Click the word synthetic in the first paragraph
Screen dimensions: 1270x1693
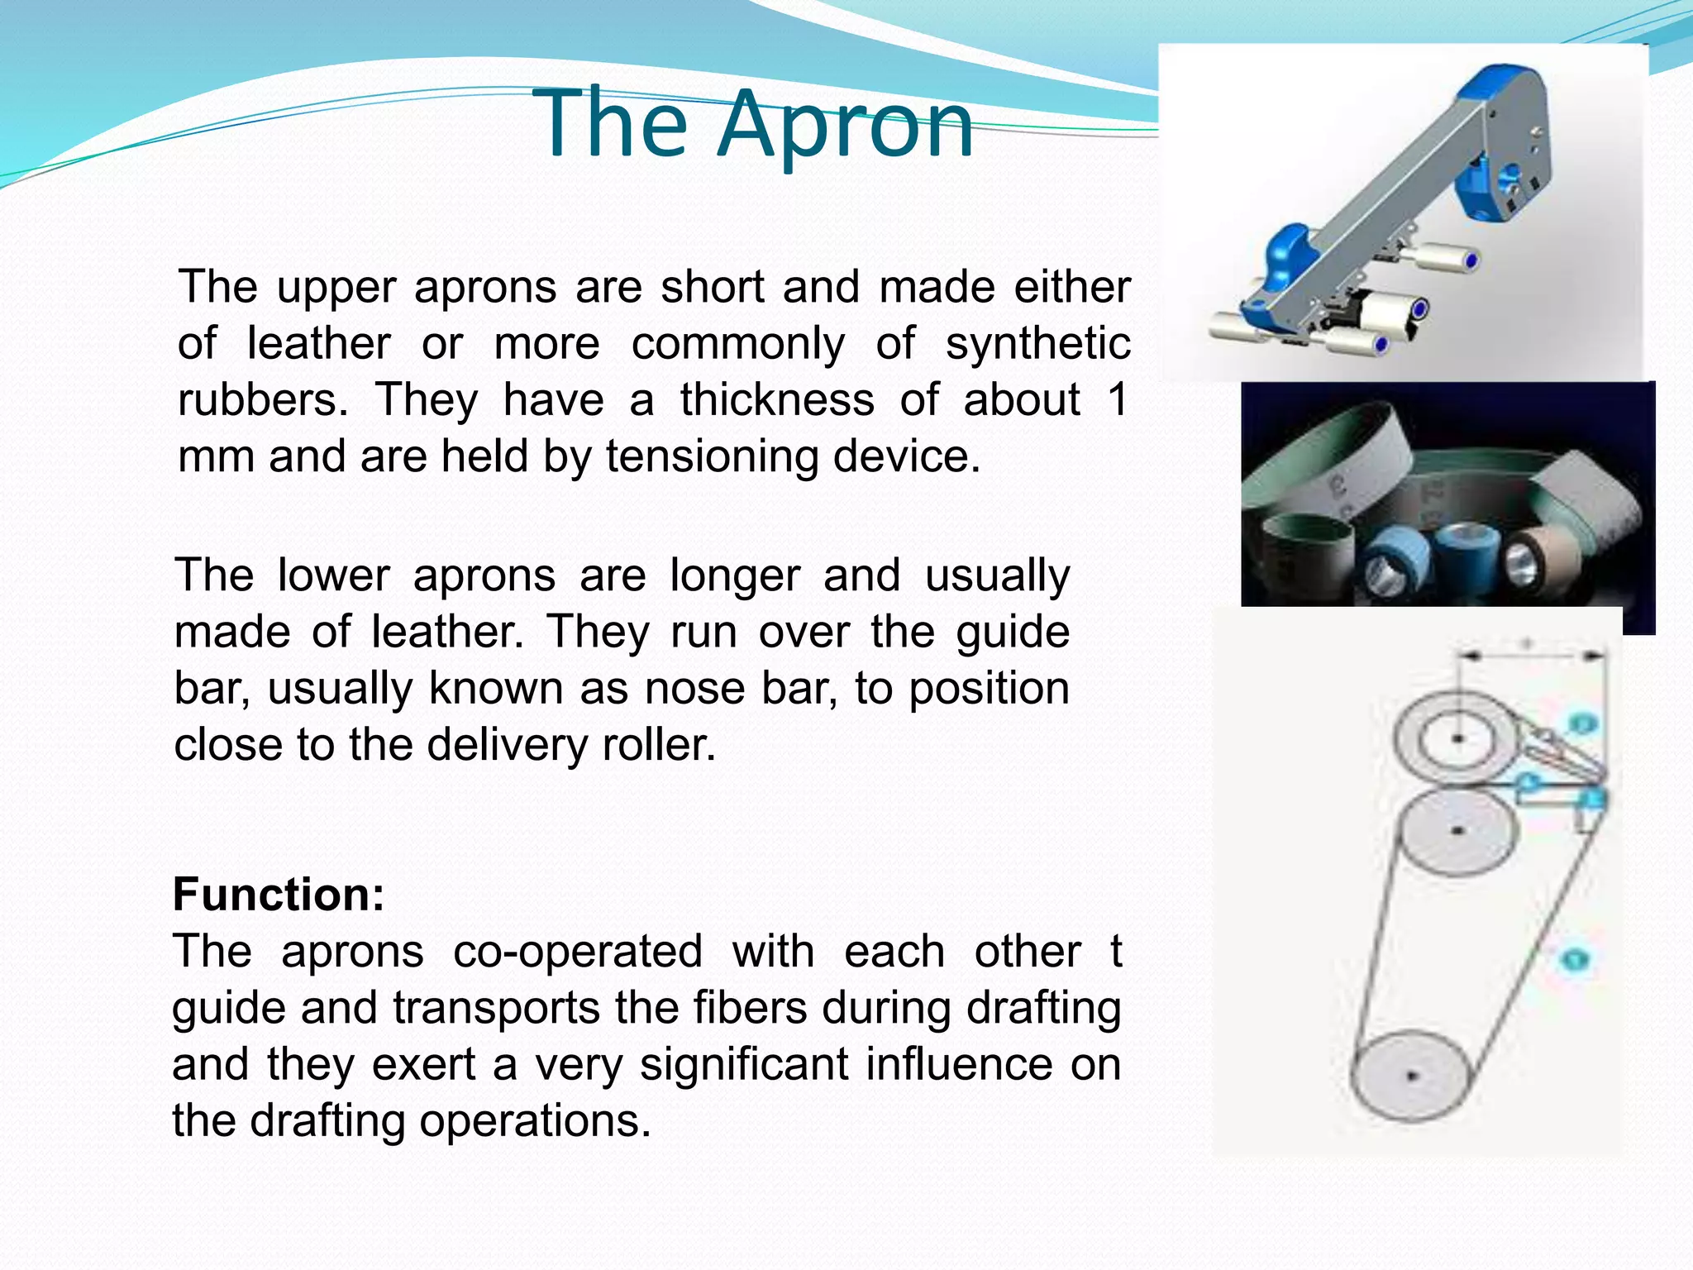pyautogui.click(x=1037, y=344)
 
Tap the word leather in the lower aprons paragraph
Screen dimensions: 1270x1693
pyautogui.click(x=447, y=633)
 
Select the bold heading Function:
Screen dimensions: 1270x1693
pyautogui.click(x=279, y=895)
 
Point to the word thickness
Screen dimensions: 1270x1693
pyautogui.click(x=777, y=400)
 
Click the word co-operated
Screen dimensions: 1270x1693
pyautogui.click(x=578, y=952)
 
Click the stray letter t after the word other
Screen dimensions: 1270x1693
pyautogui.click(x=1115, y=952)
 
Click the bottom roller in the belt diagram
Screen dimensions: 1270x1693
pyautogui.click(x=1411, y=1076)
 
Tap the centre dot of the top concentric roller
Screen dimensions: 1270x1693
pyautogui.click(x=1457, y=738)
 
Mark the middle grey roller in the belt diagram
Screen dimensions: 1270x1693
pyautogui.click(x=1459, y=830)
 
